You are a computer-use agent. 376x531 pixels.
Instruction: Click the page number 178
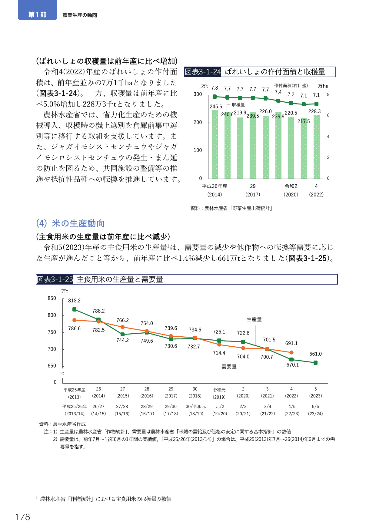coord(23,517)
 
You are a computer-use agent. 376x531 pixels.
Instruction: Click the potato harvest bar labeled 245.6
coord(215,144)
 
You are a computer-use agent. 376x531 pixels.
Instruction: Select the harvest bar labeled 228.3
coord(317,147)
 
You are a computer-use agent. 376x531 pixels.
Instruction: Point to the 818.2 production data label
coord(74,301)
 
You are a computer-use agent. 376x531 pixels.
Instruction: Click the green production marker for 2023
coord(315,363)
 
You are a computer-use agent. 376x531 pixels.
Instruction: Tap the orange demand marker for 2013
coord(74,320)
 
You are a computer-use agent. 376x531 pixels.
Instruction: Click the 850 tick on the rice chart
coord(52,298)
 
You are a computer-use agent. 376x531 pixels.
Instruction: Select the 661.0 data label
coord(315,354)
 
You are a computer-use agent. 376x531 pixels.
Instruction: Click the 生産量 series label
coord(254,319)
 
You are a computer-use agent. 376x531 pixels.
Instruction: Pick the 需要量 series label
coord(229,367)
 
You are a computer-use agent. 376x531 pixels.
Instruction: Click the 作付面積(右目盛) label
coord(291,86)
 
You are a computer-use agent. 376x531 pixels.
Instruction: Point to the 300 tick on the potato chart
coord(198,94)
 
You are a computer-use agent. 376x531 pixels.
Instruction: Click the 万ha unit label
coord(323,86)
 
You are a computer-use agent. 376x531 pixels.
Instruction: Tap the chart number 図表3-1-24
coord(203,72)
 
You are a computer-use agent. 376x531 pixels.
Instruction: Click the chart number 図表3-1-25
coord(55,279)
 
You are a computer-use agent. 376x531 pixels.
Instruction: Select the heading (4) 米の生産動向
coord(70,223)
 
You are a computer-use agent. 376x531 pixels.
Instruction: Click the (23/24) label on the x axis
coord(315,414)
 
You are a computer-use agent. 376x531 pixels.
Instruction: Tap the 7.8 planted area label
coord(215,88)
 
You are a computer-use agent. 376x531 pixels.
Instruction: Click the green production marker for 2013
coord(74,309)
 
